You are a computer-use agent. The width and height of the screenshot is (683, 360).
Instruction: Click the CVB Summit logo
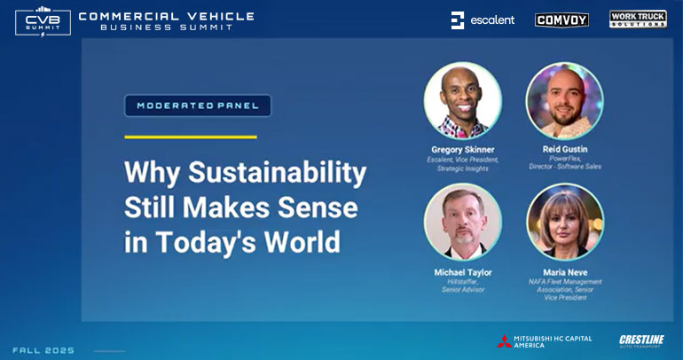tap(42, 21)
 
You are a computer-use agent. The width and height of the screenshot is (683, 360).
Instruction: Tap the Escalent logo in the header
tap(483, 20)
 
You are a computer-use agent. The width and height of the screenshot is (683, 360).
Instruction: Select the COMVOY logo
tap(561, 20)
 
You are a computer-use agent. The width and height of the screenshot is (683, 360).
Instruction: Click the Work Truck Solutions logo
tap(638, 19)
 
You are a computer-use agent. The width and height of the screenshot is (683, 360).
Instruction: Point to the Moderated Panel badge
tap(198, 106)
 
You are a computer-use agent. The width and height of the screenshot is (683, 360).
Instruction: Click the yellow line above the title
tap(190, 137)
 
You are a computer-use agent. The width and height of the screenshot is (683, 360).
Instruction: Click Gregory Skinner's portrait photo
tap(463, 100)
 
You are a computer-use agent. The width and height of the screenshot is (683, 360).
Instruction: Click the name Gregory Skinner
tap(463, 149)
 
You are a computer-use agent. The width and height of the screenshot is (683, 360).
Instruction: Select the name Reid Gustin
tap(565, 149)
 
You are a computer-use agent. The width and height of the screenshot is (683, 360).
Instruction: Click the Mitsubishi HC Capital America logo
tap(544, 341)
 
